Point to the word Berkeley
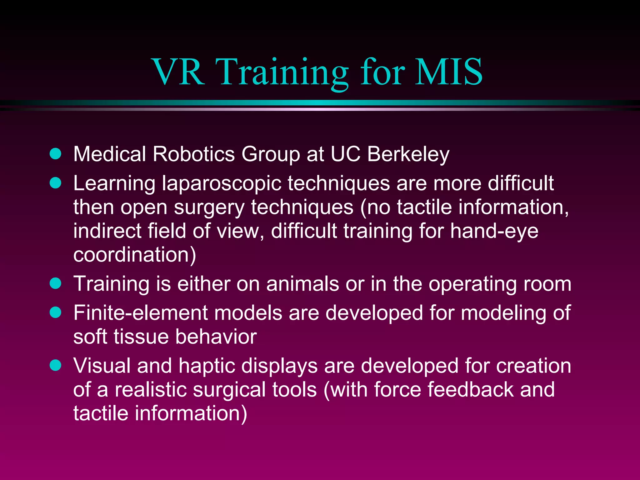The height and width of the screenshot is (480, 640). click(408, 155)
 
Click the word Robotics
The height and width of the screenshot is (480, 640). click(194, 154)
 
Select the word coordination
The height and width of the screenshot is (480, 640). click(134, 255)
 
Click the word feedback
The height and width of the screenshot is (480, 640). click(470, 390)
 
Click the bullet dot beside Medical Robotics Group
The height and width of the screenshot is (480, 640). click(56, 154)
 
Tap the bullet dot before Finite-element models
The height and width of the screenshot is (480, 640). click(56, 312)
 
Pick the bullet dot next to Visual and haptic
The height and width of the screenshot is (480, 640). click(56, 365)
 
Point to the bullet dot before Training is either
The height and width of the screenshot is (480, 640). click(56, 283)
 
